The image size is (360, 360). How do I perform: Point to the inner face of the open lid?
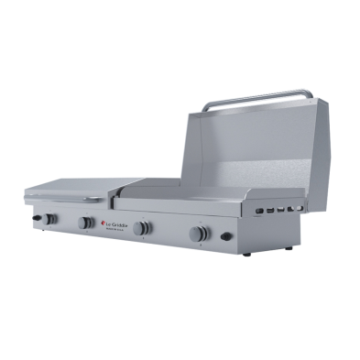click(247, 147)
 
